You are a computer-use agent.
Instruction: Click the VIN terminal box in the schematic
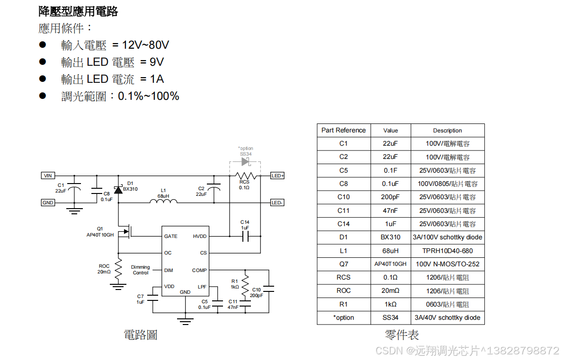pyautogui.click(x=48, y=176)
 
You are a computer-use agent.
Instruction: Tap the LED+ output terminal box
pyautogui.click(x=277, y=176)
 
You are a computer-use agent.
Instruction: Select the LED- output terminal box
pyautogui.click(x=277, y=202)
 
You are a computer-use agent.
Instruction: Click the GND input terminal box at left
pyautogui.click(x=48, y=202)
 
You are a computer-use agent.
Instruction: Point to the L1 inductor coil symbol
pyautogui.click(x=163, y=202)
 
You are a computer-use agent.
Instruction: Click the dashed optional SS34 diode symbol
pyautogui.click(x=245, y=162)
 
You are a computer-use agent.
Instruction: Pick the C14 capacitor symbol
pyautogui.click(x=245, y=236)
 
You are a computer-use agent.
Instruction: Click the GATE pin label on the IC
pyautogui.click(x=170, y=236)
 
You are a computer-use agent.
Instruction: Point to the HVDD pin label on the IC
pyautogui.click(x=200, y=236)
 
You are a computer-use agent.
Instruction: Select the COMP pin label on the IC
pyautogui.click(x=199, y=270)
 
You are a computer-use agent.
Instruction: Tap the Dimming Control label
pyautogui.click(x=141, y=270)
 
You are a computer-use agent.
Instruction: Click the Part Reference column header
pyautogui.click(x=343, y=131)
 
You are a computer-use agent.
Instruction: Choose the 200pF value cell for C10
pyautogui.click(x=390, y=197)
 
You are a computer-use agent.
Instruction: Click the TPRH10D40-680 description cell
pyautogui.click(x=447, y=251)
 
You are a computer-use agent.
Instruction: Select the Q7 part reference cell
pyautogui.click(x=343, y=264)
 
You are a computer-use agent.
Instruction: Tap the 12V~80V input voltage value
pyautogui.click(x=145, y=45)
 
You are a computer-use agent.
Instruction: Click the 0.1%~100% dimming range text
pyautogui.click(x=149, y=96)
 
